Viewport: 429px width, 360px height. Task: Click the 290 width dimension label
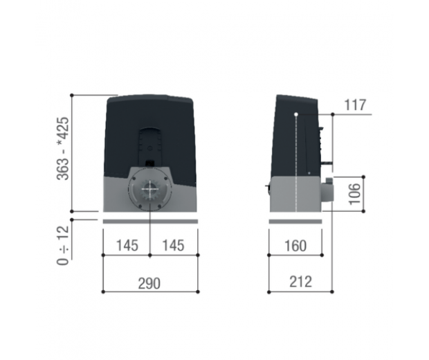[149, 283]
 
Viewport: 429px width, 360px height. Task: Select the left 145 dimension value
[127, 246]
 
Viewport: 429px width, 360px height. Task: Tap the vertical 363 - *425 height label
[64, 150]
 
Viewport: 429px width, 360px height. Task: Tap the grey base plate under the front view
[150, 221]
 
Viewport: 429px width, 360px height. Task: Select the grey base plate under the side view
[294, 221]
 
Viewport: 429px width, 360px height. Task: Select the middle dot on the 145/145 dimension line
[150, 255]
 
